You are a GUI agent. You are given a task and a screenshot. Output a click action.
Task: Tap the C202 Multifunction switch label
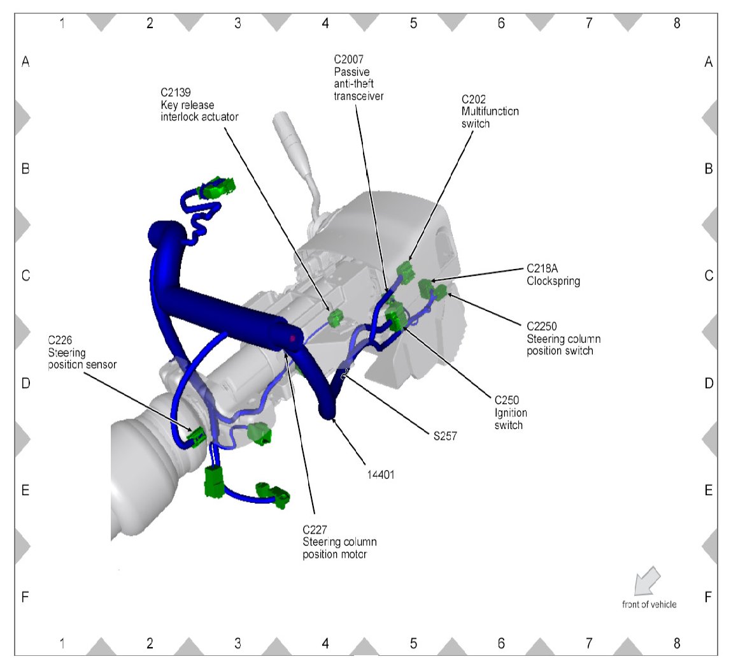(x=489, y=112)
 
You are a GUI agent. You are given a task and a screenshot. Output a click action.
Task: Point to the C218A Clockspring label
(x=553, y=275)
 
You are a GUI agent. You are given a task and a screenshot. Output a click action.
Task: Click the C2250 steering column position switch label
(x=564, y=338)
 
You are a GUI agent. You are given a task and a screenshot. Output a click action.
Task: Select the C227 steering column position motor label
(x=339, y=541)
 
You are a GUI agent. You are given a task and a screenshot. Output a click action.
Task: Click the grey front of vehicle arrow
(x=646, y=581)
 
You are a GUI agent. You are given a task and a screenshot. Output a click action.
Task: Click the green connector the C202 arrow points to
(x=405, y=270)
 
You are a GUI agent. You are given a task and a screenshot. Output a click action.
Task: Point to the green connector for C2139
(x=335, y=317)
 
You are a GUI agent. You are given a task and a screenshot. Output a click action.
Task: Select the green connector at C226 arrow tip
(x=197, y=436)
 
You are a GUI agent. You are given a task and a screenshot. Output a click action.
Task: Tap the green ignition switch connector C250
(x=395, y=316)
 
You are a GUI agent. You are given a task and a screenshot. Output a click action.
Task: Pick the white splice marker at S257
(x=345, y=374)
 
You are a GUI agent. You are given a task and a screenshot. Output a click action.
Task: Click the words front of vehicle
(x=649, y=604)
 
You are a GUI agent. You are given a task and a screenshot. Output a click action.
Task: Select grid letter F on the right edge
(x=708, y=597)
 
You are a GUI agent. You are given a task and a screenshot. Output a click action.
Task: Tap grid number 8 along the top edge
(x=676, y=23)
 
